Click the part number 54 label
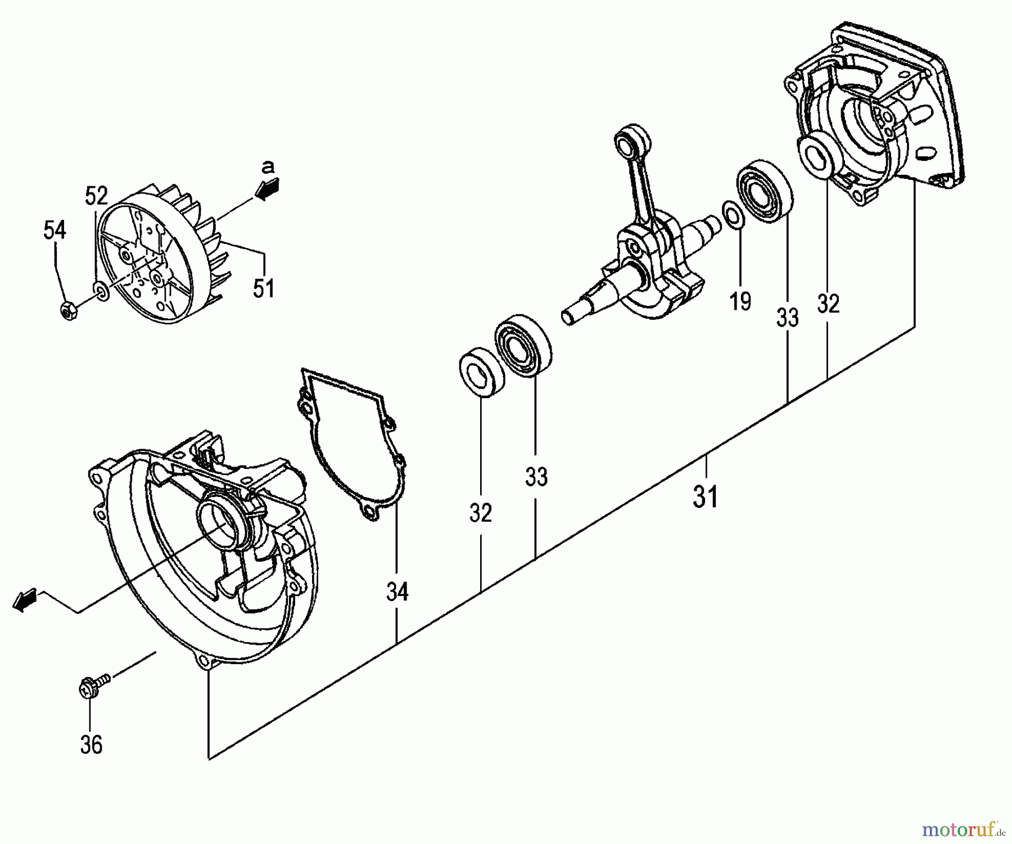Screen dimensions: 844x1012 coord(55,230)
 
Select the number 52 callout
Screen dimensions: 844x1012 coord(96,196)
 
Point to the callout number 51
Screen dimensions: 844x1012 coord(263,288)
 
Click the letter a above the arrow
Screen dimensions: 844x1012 coord(268,166)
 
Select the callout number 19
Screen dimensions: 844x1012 coord(740,302)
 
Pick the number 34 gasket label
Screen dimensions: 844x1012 coord(397,592)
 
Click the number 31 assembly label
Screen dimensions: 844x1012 coord(705,497)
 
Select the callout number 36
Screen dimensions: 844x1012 coord(91,746)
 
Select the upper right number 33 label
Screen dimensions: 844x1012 coord(787,318)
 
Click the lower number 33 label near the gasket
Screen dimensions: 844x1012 coord(536,477)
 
